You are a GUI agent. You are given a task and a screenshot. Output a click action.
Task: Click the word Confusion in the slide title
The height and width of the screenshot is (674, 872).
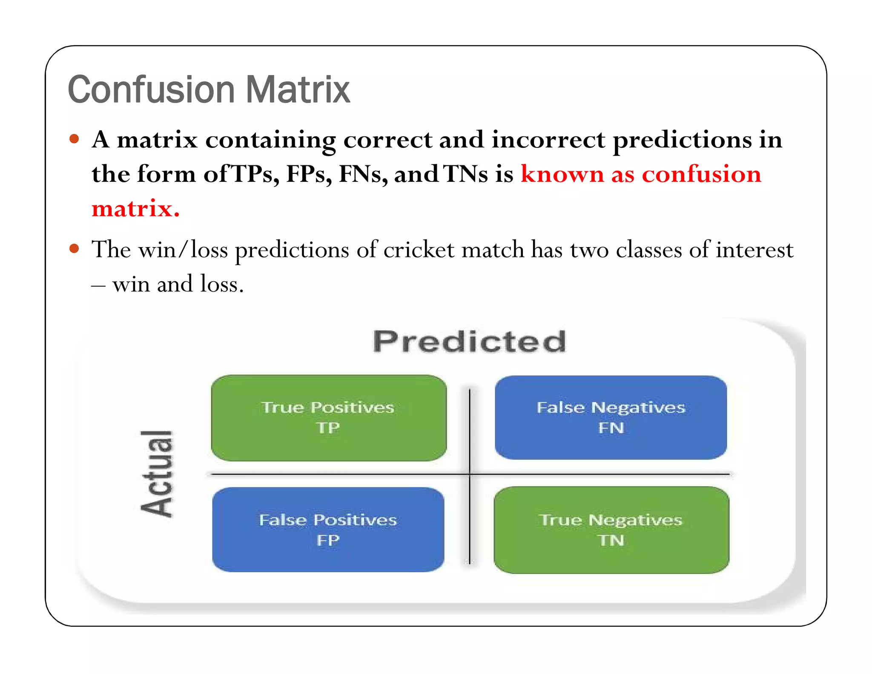(151, 90)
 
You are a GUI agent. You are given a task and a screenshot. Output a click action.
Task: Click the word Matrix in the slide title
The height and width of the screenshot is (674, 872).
(298, 90)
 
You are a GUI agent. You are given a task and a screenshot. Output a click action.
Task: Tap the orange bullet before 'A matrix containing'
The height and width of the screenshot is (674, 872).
(75, 139)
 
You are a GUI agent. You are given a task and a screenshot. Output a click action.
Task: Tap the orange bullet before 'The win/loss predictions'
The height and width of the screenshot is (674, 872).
(75, 248)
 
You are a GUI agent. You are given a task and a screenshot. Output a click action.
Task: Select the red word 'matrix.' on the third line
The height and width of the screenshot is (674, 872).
(135, 209)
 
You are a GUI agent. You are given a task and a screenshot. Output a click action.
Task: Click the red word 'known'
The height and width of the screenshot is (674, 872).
(562, 174)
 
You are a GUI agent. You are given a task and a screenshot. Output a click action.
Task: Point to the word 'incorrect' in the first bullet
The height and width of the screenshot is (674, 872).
(548, 140)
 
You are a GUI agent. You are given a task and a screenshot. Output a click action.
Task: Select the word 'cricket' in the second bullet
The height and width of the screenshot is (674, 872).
(419, 250)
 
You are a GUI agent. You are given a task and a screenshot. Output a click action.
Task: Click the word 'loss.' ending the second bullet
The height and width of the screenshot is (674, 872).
(222, 284)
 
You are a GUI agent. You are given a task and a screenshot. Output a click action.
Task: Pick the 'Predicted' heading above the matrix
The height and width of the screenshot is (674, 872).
(470, 342)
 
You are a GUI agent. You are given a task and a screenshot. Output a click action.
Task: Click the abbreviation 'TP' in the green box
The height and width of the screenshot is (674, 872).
(328, 428)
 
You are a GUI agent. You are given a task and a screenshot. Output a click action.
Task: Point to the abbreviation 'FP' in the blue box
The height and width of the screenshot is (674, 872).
(328, 540)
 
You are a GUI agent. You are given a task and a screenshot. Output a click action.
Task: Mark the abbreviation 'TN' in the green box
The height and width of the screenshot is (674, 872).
(611, 540)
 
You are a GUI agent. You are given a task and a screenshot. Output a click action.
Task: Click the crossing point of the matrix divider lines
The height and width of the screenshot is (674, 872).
(470, 474)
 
